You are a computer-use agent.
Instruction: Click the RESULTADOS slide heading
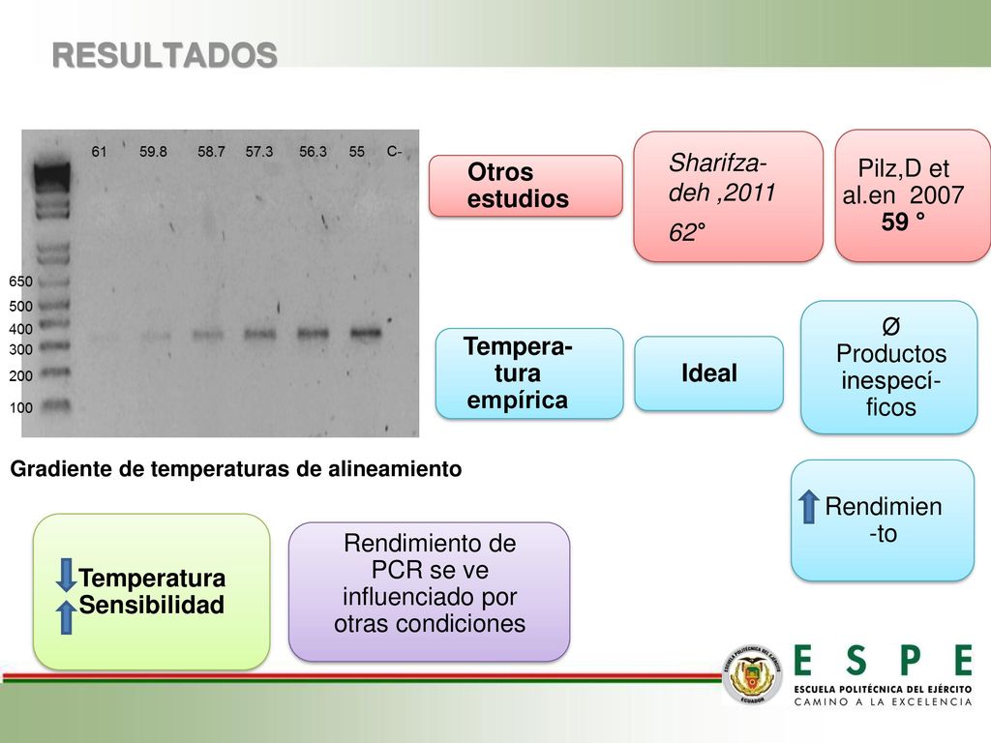click(x=165, y=55)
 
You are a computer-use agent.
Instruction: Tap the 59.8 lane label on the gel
click(x=153, y=152)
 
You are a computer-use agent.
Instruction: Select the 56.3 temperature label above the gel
click(x=313, y=152)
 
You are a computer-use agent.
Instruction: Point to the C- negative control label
click(x=395, y=152)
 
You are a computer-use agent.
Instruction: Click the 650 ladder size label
click(x=21, y=282)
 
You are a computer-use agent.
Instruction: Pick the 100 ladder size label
click(x=21, y=407)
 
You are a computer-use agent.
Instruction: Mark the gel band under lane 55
click(x=365, y=333)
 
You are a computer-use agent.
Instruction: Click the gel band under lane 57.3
click(x=259, y=334)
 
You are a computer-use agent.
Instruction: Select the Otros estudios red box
click(x=526, y=186)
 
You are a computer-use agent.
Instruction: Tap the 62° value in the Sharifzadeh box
click(x=687, y=232)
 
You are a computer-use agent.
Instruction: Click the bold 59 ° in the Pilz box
click(x=903, y=222)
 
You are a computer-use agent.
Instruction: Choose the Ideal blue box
click(x=709, y=373)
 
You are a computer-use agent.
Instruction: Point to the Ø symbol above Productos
click(x=890, y=327)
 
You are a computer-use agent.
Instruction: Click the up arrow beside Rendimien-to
click(x=808, y=507)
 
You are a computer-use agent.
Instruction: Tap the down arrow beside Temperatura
click(x=66, y=575)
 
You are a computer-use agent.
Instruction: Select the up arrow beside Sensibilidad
click(x=66, y=616)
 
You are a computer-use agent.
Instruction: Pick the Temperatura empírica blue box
click(x=529, y=373)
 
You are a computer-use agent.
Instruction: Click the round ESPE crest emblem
click(x=752, y=674)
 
